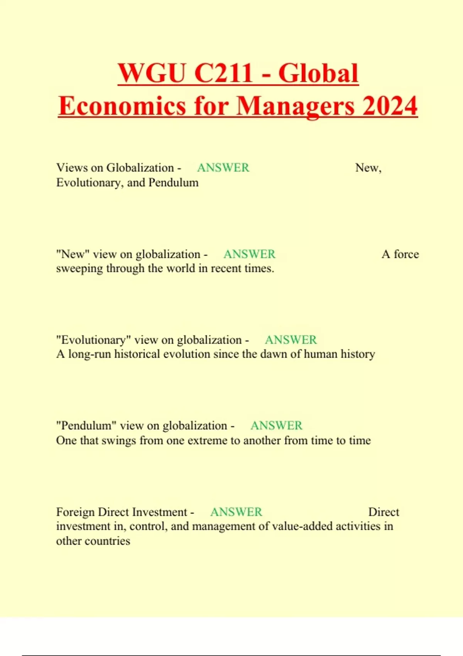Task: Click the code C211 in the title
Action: (223, 73)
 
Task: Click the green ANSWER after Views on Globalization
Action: (223, 168)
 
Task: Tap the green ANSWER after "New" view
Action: (249, 254)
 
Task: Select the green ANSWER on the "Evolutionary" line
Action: (291, 340)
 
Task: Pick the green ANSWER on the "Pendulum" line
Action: (276, 426)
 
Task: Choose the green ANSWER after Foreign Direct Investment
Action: (236, 512)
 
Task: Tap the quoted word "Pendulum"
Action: (86, 426)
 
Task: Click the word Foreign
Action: (76, 512)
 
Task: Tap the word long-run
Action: (90, 354)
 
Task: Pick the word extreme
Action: (207, 441)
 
